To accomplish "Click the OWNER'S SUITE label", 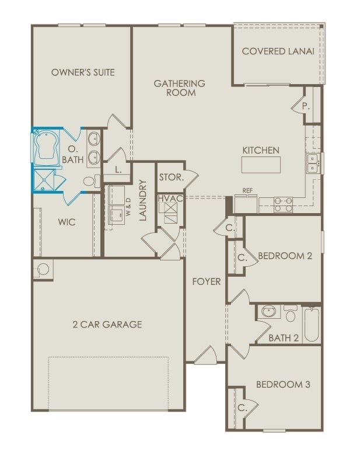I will coord(83,72).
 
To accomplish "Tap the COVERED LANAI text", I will coord(278,51).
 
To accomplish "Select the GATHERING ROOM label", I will coord(179,88).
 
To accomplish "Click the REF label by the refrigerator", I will coord(248,190).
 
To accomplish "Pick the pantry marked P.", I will coord(305,107).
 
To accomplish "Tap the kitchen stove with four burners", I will coord(283,204).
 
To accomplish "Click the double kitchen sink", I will coord(313,163).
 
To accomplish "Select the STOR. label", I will coord(171,177).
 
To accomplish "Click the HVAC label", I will coord(170,199).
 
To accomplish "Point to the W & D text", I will coord(128,212).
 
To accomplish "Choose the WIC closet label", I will coord(67,222).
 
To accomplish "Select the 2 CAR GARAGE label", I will coord(107,324).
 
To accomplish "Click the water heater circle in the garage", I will coord(43,269).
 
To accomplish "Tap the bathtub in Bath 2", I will coord(312,326).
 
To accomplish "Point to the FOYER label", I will coord(207,281).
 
